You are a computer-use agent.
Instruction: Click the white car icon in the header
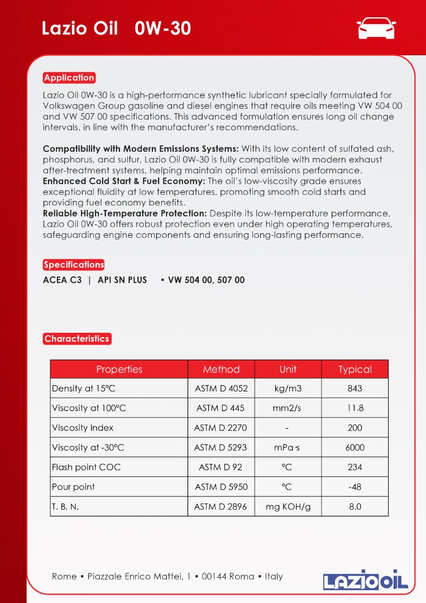pos(376,28)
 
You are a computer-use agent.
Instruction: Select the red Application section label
pos(69,78)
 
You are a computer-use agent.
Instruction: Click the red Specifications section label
pos(74,265)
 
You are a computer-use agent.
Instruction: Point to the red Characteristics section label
pos(76,338)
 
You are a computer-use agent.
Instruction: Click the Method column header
pos(221,369)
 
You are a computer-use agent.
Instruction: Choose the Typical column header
pos(355,369)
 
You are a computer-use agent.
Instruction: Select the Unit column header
pos(288,369)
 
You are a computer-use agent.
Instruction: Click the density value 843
pos(355,389)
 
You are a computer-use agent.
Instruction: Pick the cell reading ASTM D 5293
pos(221,447)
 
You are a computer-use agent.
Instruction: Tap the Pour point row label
pos(73,487)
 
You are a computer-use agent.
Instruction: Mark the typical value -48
pos(355,487)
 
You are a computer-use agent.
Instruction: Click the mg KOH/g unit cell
pos(288,506)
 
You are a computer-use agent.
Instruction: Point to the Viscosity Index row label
pos(83,428)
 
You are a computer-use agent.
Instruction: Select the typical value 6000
pos(355,447)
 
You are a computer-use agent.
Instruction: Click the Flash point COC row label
pos(86,467)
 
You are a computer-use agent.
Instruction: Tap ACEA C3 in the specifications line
pos(62,280)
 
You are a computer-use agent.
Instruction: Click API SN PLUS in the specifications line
pos(122,280)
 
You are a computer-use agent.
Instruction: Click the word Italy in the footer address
pos(274,576)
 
